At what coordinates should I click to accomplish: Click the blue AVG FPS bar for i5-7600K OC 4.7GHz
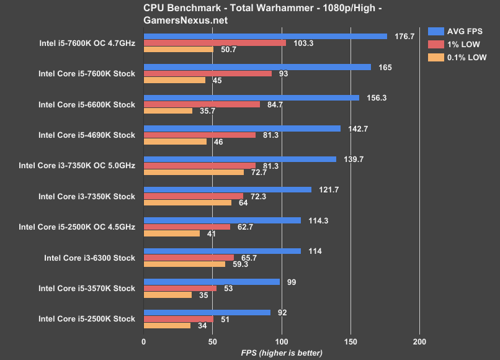[x=265, y=36]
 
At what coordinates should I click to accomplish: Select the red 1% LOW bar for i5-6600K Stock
[x=202, y=104]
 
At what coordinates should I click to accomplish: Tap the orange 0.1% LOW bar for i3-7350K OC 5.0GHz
[x=194, y=172]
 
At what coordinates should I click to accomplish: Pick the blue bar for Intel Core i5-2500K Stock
[x=207, y=312]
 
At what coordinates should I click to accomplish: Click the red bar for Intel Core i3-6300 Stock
[x=189, y=258]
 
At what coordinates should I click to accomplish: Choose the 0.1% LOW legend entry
[x=457, y=57]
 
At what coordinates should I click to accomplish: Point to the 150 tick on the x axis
[x=350, y=341]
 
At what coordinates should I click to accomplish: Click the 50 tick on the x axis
[x=213, y=341]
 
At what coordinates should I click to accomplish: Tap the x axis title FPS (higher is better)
[x=282, y=353]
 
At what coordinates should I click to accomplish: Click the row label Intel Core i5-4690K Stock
[x=86, y=135]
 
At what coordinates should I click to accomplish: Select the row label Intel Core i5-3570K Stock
[x=86, y=289]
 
